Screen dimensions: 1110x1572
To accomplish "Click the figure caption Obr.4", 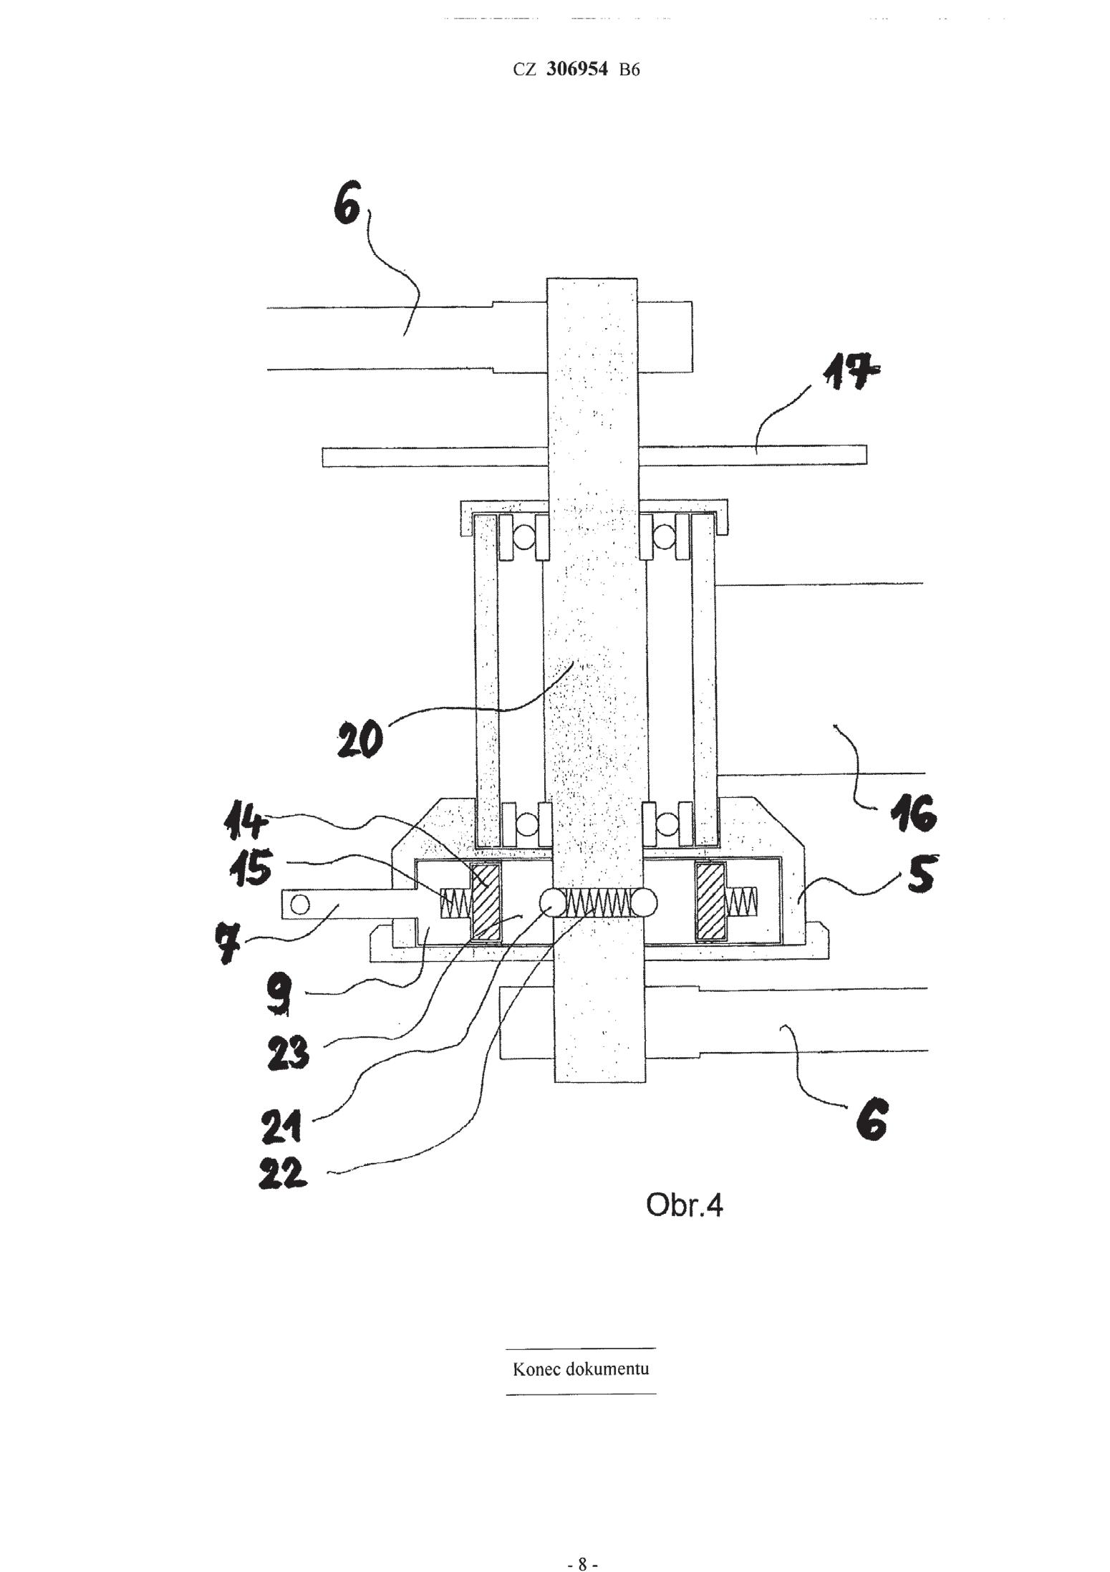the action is [x=684, y=1205].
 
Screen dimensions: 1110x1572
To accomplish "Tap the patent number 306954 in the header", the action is [x=576, y=69].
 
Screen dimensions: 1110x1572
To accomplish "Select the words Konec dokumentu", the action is [x=581, y=1369].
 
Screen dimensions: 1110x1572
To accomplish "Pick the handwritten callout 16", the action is [x=912, y=816].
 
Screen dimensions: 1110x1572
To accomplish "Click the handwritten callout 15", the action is [x=251, y=871].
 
